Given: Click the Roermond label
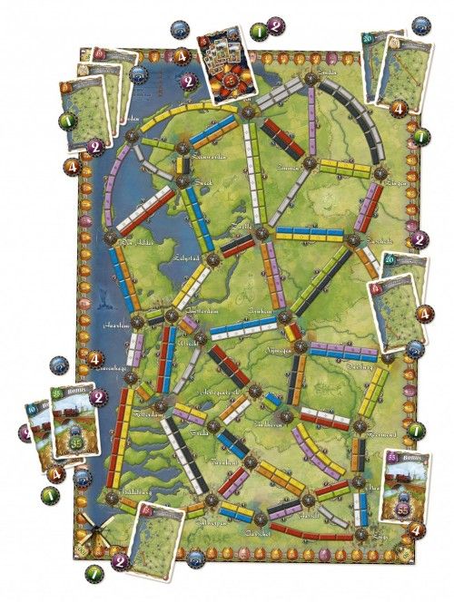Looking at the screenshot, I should pyautogui.click(x=366, y=436).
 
